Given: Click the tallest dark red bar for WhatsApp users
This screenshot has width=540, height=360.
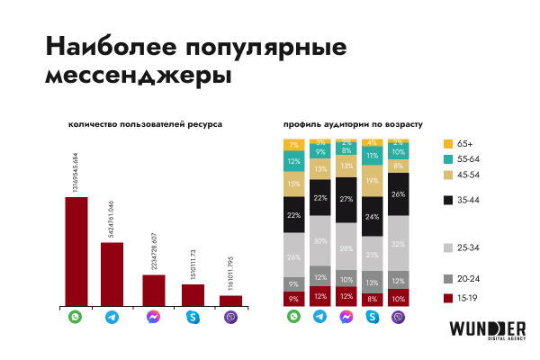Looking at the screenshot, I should (x=76, y=252).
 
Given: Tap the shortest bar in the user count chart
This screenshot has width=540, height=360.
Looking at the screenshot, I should (x=230, y=301).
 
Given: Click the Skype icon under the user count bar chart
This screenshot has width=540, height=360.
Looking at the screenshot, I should (x=193, y=318).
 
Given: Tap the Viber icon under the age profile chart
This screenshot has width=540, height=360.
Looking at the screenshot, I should (x=399, y=318).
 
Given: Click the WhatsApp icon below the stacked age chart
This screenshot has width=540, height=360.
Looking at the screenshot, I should (x=293, y=318).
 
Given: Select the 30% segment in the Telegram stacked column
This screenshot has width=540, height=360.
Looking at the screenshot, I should (x=319, y=241).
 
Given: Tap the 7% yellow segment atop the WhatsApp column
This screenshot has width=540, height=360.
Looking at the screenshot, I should (x=293, y=145).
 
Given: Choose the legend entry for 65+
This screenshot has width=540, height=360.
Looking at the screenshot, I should (x=459, y=143).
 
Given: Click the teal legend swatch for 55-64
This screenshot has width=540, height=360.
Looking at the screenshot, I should (x=448, y=157).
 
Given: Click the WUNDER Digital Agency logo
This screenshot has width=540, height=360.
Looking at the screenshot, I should (x=487, y=329).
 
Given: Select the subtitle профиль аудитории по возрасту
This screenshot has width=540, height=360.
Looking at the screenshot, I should (x=352, y=122).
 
